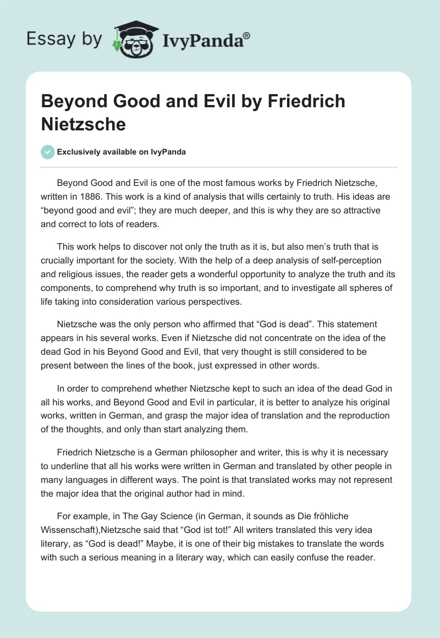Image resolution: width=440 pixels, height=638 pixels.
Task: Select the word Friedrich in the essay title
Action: (x=310, y=102)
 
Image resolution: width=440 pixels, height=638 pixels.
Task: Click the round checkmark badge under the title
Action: (x=48, y=152)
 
